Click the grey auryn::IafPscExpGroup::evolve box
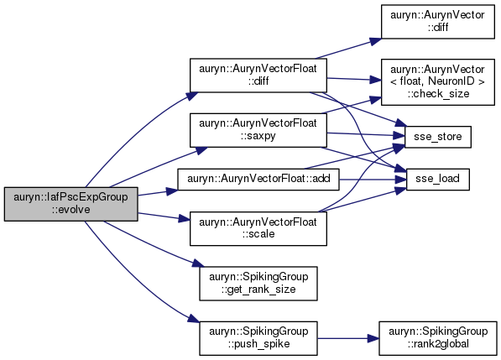[71, 204]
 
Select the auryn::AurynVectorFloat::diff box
[258, 76]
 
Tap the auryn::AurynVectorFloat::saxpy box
[258, 130]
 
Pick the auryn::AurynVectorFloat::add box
[258, 180]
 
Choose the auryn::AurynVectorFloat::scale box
[258, 228]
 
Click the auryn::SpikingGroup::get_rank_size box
[258, 284]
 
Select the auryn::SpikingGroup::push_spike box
[258, 338]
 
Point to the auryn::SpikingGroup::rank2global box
[438, 338]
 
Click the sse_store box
[438, 137]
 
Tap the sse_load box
[438, 180]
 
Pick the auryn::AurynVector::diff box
[438, 22]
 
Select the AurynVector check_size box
[438, 81]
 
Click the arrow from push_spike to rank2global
[348, 338]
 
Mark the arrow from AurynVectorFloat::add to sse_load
[373, 180]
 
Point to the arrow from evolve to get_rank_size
[154, 244]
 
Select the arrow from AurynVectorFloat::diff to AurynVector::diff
[348, 49]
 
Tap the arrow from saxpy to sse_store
[366, 134]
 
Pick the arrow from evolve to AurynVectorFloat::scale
[164, 217]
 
